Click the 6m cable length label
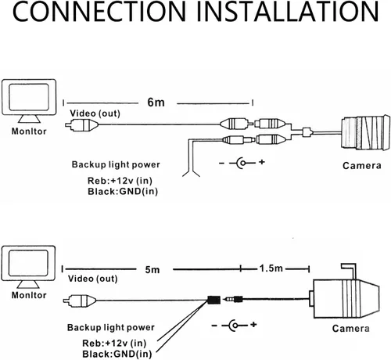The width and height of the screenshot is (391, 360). [156, 103]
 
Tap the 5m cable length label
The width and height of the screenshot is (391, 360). [152, 269]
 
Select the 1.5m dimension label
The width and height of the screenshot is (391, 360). [271, 268]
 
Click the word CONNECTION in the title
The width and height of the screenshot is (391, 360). [99, 12]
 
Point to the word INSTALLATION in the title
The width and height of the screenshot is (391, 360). [288, 12]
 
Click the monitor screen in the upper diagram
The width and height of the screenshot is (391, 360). [29, 97]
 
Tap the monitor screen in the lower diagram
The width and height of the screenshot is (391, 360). [28, 263]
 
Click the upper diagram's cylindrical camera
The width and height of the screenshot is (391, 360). [365, 133]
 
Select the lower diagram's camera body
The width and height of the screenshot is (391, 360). [346, 299]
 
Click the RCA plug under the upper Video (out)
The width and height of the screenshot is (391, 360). [81, 125]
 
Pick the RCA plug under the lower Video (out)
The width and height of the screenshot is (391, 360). [80, 301]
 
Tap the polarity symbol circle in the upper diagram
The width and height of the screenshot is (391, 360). [242, 163]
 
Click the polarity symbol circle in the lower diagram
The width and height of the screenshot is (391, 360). [235, 326]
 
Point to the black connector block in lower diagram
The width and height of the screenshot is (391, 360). [214, 300]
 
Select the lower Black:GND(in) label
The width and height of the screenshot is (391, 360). [117, 354]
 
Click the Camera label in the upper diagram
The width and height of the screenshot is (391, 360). [362, 166]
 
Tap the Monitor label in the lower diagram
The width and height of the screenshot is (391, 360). [29, 295]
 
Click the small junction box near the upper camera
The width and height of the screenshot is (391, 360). [307, 132]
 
